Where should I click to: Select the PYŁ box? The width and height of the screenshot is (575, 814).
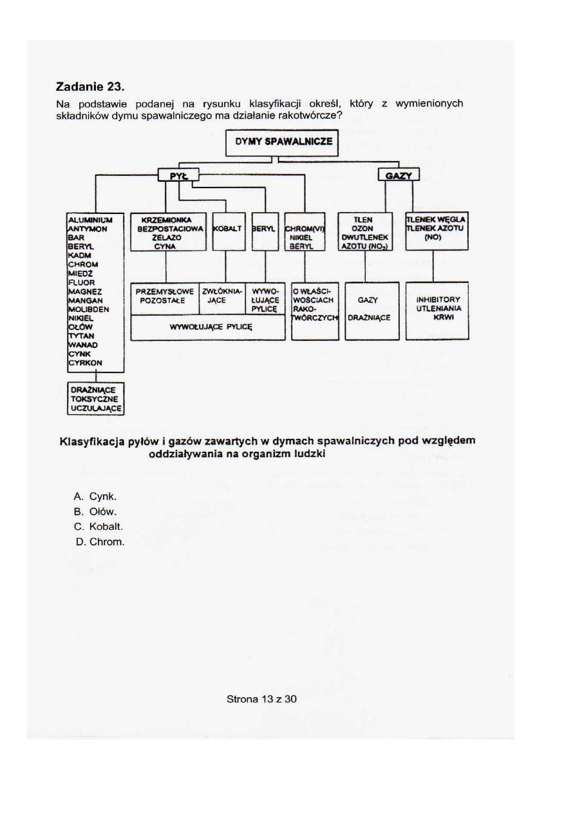coord(178,175)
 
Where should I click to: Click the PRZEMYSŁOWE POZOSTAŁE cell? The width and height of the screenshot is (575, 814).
coord(165,296)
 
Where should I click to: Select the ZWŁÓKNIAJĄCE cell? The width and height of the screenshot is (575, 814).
coord(223,296)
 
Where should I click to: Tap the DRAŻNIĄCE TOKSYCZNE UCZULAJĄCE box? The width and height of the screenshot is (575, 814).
coord(96,399)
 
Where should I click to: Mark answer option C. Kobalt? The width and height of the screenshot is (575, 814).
coord(99,527)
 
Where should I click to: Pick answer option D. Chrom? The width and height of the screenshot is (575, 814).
coord(99,542)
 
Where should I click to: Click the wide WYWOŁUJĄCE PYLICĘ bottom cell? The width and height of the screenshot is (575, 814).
coord(207,327)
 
